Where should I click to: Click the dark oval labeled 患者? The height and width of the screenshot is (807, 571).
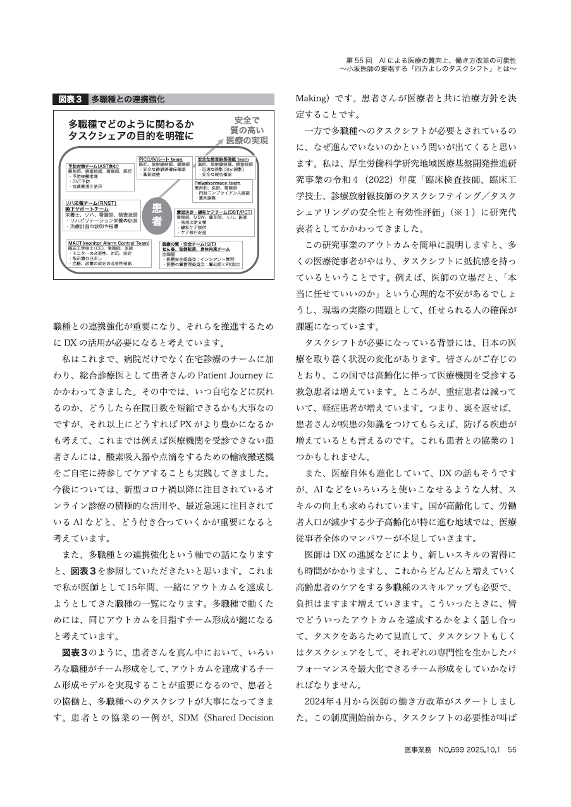[158, 215]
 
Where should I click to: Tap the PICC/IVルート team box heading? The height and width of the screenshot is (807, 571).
[161, 159]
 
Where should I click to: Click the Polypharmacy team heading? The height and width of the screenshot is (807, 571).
[218, 183]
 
